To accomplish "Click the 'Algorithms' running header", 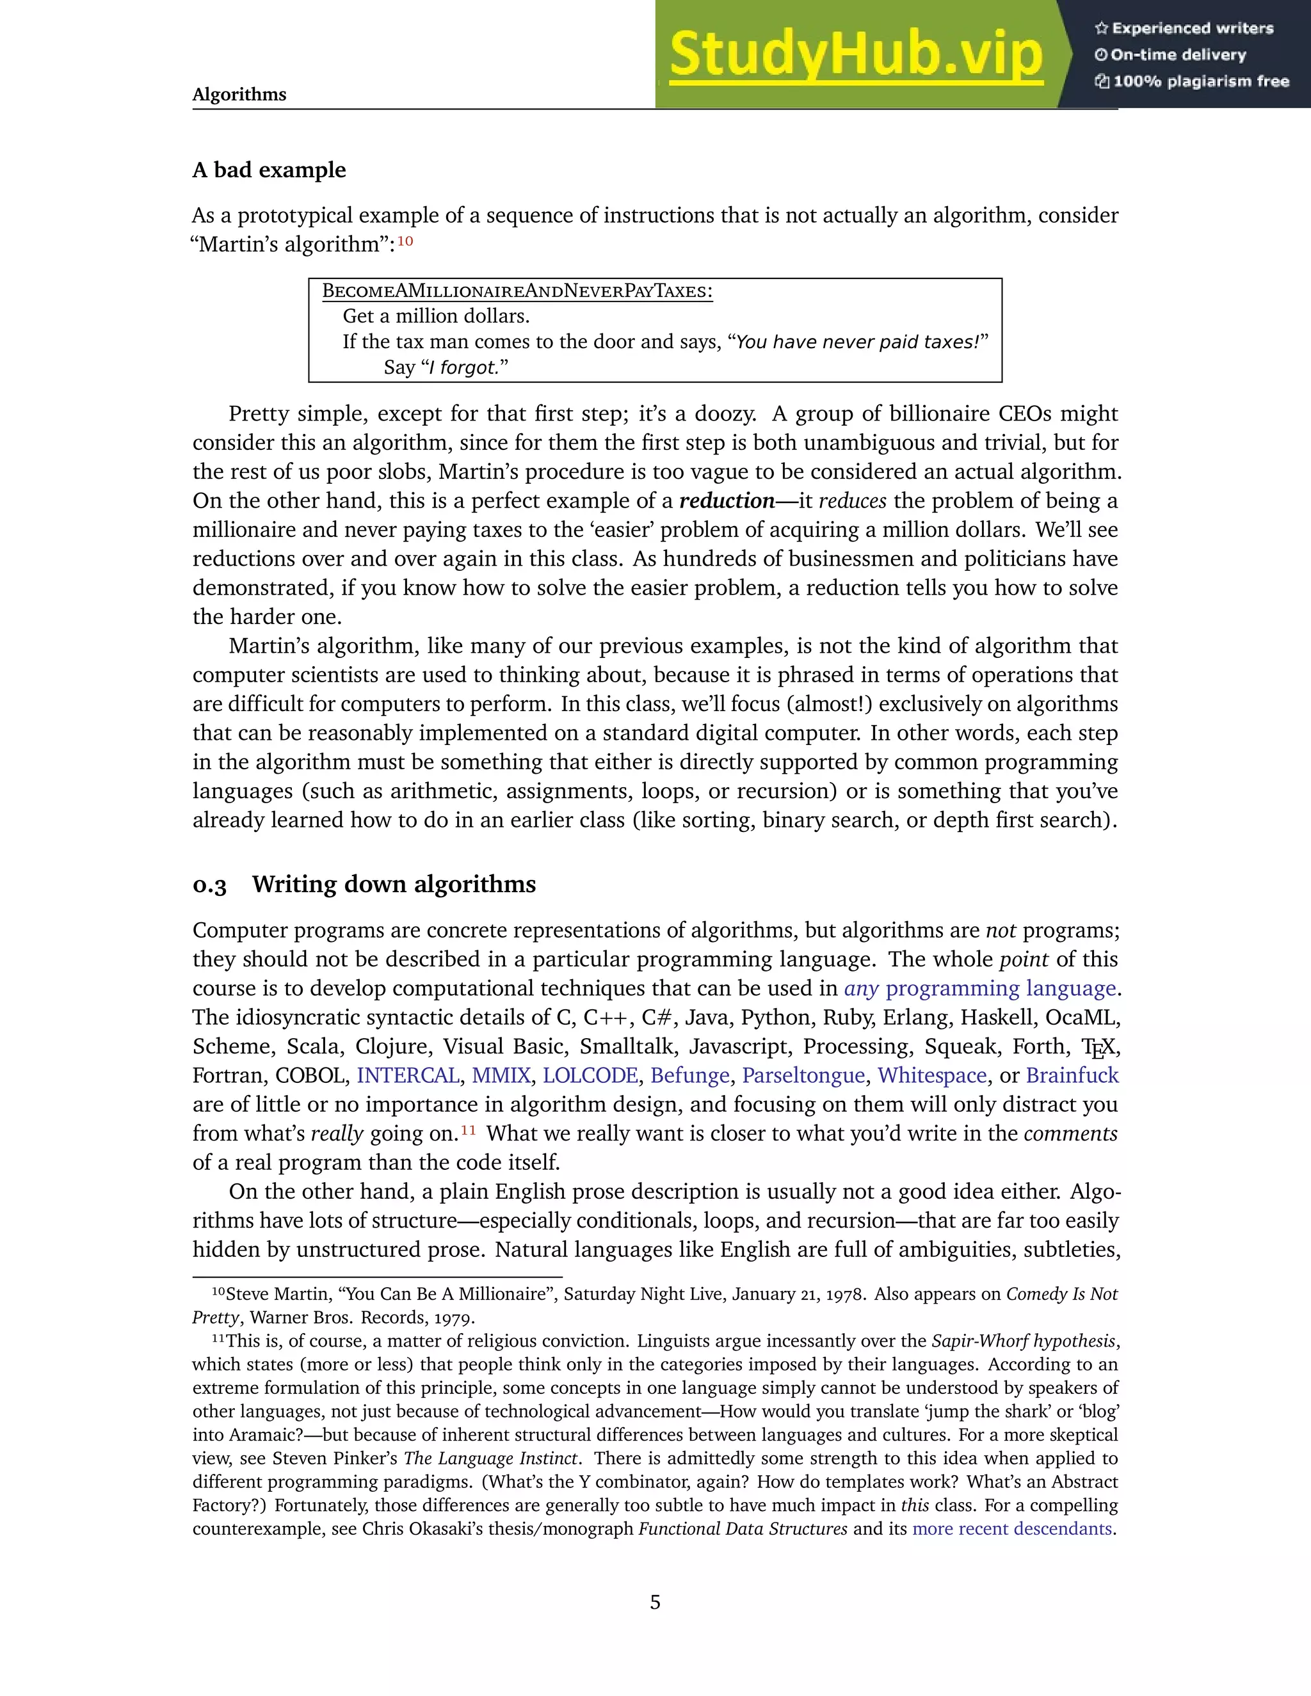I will click(x=239, y=95).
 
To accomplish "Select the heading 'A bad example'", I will click(x=269, y=170).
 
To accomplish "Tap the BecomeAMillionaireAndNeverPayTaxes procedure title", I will click(x=517, y=291).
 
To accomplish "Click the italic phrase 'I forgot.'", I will click(x=463, y=367).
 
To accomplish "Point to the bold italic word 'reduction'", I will click(x=727, y=501).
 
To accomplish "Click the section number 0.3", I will click(x=210, y=885).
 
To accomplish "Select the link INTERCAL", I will click(x=407, y=1076).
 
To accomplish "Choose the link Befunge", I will click(x=689, y=1076).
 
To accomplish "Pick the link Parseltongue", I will click(x=803, y=1076).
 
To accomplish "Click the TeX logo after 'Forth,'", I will click(x=1099, y=1048).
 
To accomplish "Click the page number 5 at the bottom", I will click(x=655, y=1603).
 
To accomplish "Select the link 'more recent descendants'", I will click(x=1012, y=1529).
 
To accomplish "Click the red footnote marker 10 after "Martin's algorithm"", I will click(x=405, y=241).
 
